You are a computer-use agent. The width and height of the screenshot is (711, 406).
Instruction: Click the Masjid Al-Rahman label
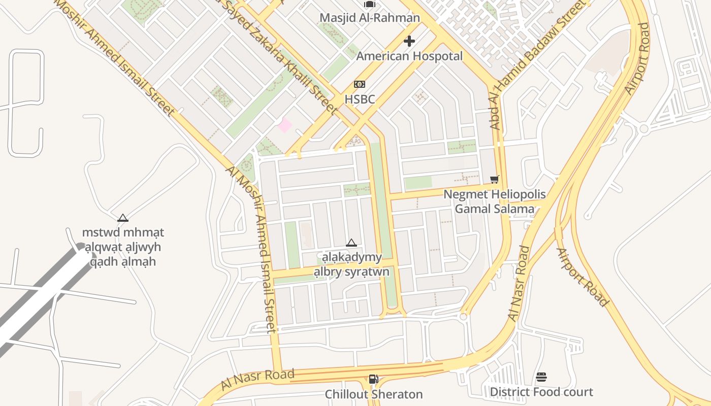(369, 18)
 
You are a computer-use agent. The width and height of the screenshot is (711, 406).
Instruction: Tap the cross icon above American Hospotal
(409, 41)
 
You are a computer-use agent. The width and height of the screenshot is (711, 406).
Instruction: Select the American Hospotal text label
(409, 56)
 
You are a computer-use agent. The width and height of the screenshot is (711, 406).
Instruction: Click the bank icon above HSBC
(360, 84)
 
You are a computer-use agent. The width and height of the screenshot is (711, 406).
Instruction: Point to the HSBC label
(360, 99)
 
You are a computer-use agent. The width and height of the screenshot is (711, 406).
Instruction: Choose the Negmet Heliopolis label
(495, 194)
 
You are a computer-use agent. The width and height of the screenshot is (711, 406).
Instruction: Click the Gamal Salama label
(495, 209)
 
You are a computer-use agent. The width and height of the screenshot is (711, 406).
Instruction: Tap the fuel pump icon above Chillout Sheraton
(373, 379)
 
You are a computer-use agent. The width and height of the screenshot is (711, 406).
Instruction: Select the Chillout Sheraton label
(373, 394)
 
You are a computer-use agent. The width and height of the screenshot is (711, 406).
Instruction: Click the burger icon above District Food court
(541, 377)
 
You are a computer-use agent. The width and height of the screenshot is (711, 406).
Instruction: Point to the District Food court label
(541, 392)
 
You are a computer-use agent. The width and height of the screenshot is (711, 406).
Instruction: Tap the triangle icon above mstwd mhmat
(122, 218)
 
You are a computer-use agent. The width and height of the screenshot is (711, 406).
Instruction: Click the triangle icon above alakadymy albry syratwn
(351, 243)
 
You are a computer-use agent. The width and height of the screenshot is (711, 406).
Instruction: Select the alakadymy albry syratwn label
(351, 264)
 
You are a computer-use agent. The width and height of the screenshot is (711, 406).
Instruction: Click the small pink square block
(285, 125)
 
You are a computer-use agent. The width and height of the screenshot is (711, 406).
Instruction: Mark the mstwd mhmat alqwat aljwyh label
(123, 247)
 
